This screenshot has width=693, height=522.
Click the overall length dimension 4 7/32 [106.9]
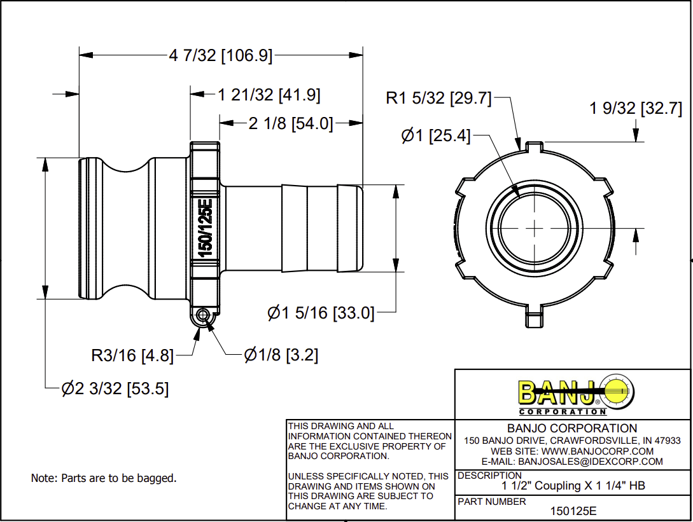tap(220, 56)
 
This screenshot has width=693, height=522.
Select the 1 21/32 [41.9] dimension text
tap(269, 95)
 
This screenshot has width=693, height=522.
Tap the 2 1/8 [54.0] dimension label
tap(291, 124)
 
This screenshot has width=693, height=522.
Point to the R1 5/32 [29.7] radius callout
tap(439, 99)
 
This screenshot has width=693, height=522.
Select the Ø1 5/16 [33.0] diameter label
tap(321, 313)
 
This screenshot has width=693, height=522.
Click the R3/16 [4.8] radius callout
tap(132, 355)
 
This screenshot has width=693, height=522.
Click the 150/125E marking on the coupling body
tap(205, 227)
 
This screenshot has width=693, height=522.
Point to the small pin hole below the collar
tap(202, 315)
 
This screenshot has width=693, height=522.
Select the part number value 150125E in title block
tap(573, 511)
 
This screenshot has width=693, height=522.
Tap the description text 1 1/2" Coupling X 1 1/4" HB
tap(573, 486)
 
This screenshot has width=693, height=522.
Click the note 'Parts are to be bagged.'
tap(104, 477)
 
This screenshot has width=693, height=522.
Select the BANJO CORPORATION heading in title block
tap(572, 429)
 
